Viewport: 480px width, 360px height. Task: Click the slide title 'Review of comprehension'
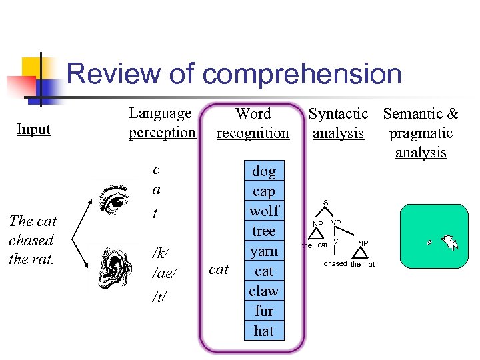[x=234, y=74]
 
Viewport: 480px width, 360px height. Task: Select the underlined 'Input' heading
[x=33, y=129]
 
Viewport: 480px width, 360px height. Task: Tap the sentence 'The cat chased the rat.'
[x=33, y=240]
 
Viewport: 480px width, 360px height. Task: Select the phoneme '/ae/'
[x=163, y=273]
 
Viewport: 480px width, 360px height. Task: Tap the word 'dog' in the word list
[x=264, y=171]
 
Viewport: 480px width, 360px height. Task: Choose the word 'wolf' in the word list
[x=264, y=211]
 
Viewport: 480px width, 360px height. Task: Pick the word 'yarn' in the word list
[x=264, y=251]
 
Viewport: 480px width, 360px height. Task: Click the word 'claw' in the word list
[x=264, y=291]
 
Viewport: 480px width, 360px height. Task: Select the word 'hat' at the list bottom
[x=264, y=331]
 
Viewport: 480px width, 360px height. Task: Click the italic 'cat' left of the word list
[x=219, y=269]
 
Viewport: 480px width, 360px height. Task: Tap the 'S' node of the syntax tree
[x=326, y=203]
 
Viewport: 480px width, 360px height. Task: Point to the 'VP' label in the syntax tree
[x=336, y=222]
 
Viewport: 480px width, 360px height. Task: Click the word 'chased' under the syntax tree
[x=335, y=264]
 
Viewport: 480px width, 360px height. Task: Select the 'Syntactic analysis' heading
[x=338, y=123]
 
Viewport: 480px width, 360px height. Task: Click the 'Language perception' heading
[x=162, y=123]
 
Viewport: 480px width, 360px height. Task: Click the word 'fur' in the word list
[x=264, y=311]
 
